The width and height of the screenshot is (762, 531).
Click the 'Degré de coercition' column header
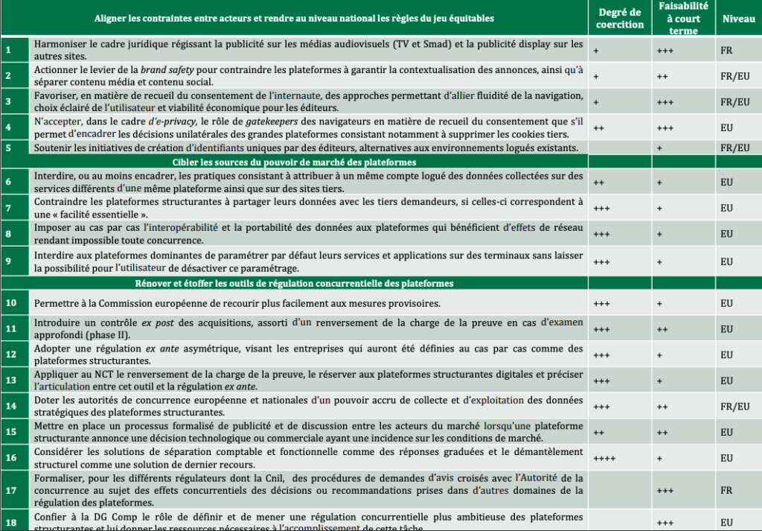[x=620, y=19]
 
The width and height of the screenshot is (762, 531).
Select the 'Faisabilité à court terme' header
[x=683, y=19]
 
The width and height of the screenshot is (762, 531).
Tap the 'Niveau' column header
[x=738, y=19]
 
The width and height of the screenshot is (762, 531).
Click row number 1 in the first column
[x=9, y=50]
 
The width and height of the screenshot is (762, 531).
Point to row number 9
[x=9, y=261]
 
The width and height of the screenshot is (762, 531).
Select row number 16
[x=11, y=457]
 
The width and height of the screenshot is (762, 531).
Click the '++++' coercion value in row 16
[x=605, y=457]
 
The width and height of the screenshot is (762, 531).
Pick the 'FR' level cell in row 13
[x=726, y=381]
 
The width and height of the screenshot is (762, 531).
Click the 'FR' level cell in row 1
[x=726, y=50]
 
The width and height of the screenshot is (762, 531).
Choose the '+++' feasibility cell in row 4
[x=665, y=128]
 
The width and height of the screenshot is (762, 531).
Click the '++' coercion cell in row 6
[x=599, y=182]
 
